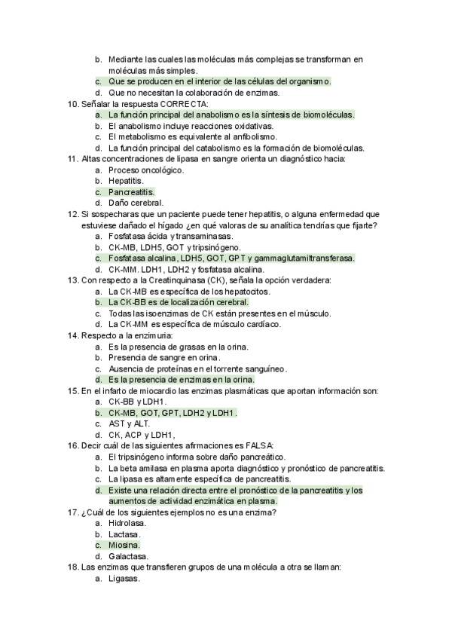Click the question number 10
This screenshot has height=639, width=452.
click(72, 103)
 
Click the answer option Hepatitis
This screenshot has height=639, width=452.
click(126, 181)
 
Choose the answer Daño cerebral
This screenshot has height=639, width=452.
click(136, 203)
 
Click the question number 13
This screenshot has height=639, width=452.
click(72, 280)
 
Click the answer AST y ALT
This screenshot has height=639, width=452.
click(130, 423)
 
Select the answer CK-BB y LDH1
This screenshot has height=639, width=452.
click(137, 402)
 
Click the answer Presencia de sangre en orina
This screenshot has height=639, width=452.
click(164, 357)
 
